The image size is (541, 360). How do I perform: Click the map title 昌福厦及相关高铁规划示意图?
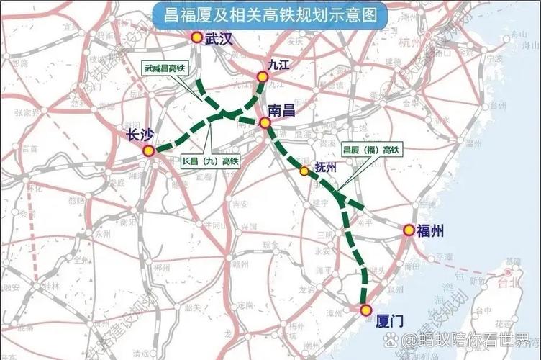point(270,15)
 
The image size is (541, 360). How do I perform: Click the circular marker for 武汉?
point(196,37)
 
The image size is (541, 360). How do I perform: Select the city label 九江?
point(278,64)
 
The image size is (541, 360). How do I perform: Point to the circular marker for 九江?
point(263,76)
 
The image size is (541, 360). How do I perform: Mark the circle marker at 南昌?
point(265,123)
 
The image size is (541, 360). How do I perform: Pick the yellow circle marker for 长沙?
point(148,150)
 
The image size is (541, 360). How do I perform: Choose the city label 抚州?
point(326,167)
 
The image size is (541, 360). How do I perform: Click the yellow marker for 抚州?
point(304,171)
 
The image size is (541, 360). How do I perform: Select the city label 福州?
point(429,230)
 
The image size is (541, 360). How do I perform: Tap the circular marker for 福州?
point(409,230)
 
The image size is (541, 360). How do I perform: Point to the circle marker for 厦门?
point(366,310)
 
